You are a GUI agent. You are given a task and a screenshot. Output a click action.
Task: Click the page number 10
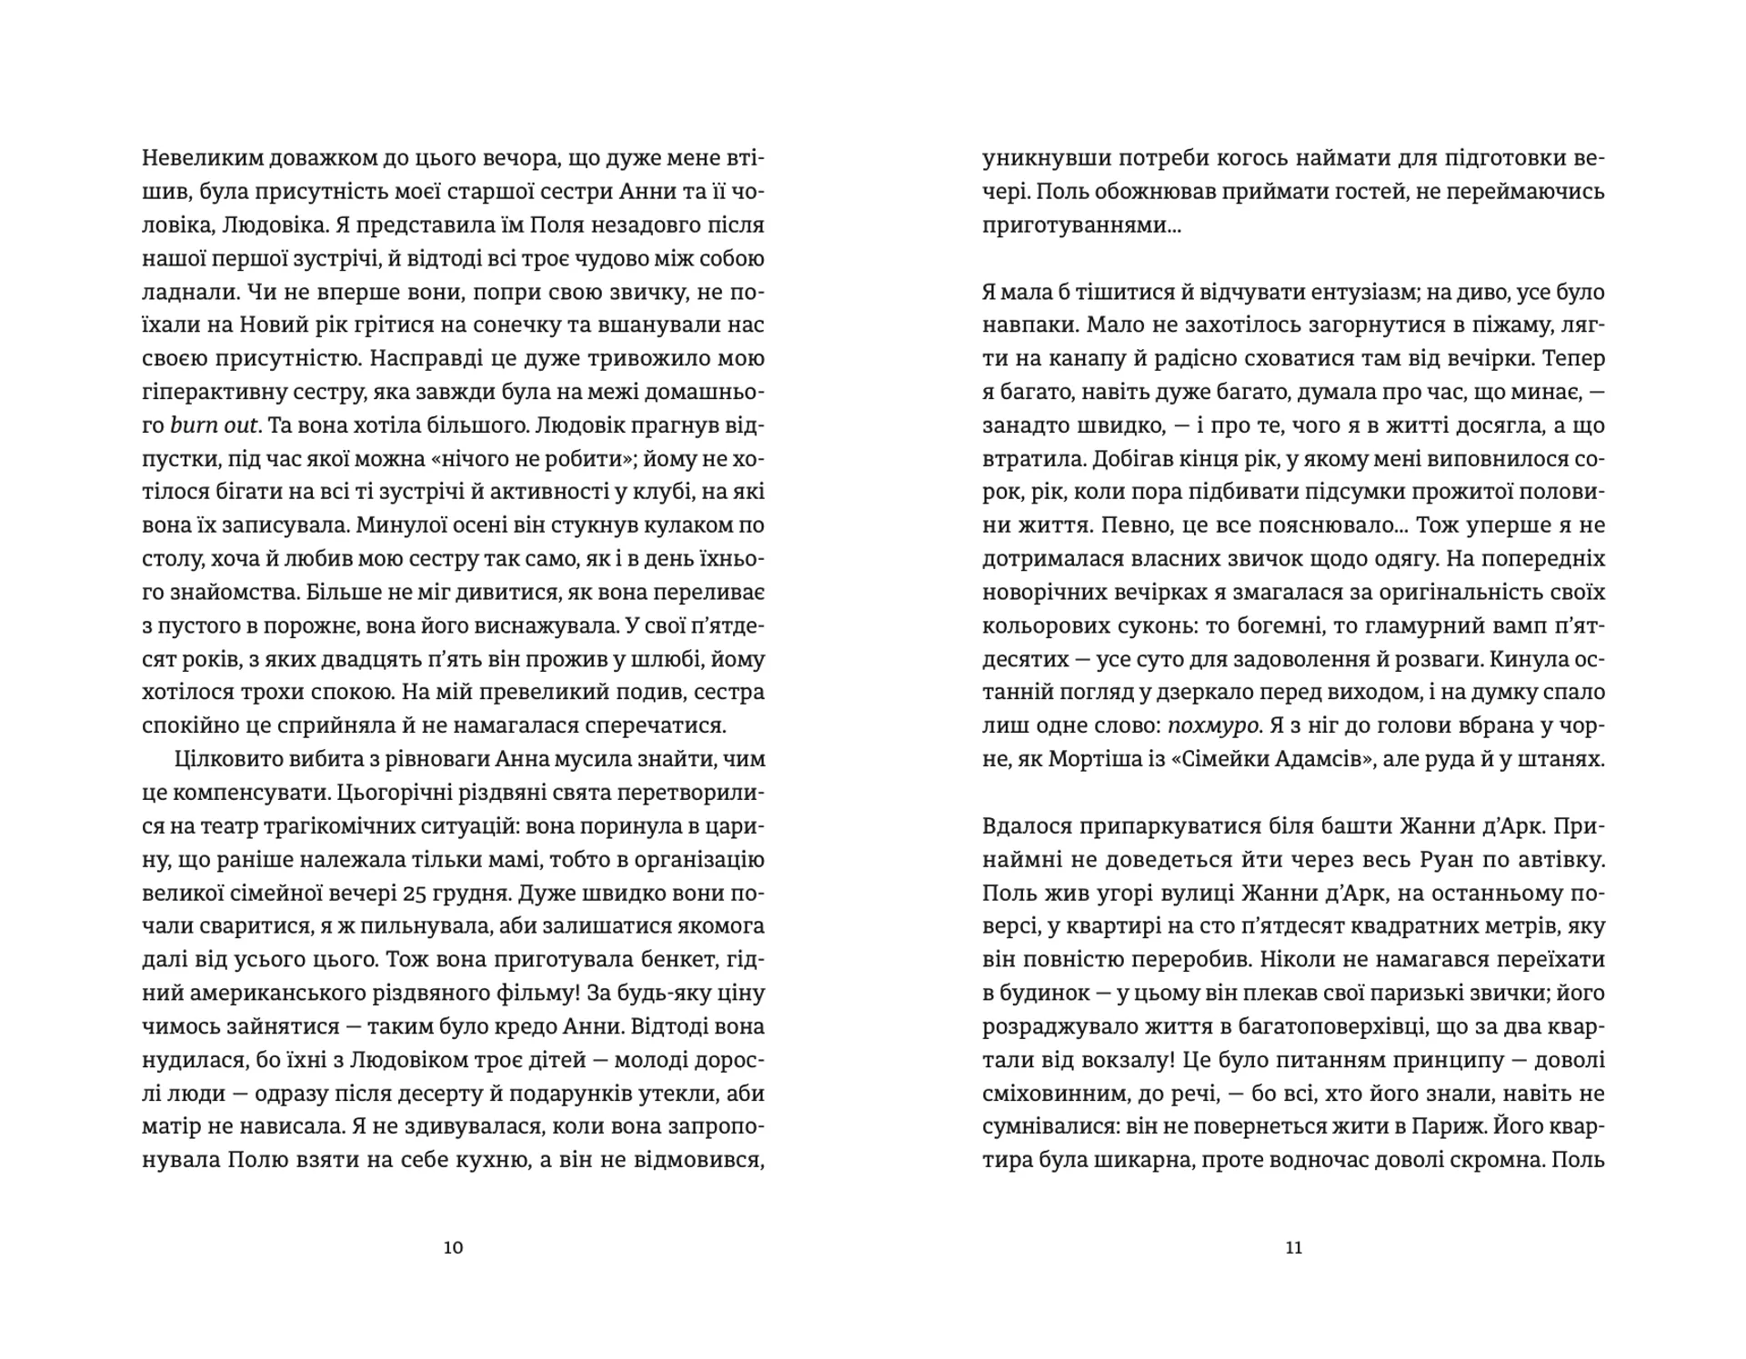[x=453, y=1247]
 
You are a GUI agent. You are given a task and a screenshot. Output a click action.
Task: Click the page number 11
[x=1294, y=1247]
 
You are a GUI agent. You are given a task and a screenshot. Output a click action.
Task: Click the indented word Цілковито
[x=222, y=759]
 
